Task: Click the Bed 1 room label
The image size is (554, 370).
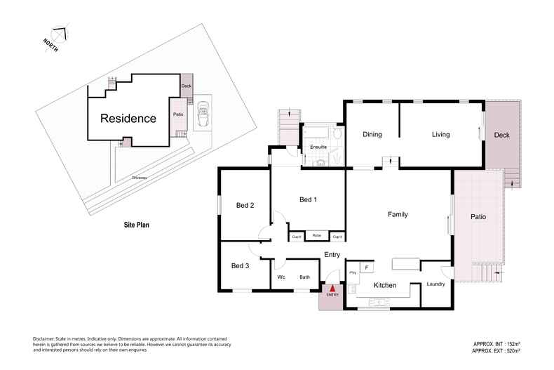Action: point(309,200)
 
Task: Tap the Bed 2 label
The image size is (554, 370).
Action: point(245,205)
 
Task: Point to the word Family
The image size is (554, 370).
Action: point(398,214)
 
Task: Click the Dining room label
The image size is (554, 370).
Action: point(372,135)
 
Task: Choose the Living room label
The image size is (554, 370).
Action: point(440,135)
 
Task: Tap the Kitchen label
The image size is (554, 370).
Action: point(385,286)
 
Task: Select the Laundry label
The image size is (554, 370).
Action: point(437,284)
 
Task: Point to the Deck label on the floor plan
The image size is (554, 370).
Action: point(501,135)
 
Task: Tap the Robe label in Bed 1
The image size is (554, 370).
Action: point(317,236)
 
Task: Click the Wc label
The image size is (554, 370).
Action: point(281,277)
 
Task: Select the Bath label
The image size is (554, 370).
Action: point(305,277)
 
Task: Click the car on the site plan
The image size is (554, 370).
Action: point(203,114)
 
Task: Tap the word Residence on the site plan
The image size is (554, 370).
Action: point(128,119)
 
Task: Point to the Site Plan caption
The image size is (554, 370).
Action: point(133,225)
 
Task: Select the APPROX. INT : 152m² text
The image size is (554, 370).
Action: point(500,343)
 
